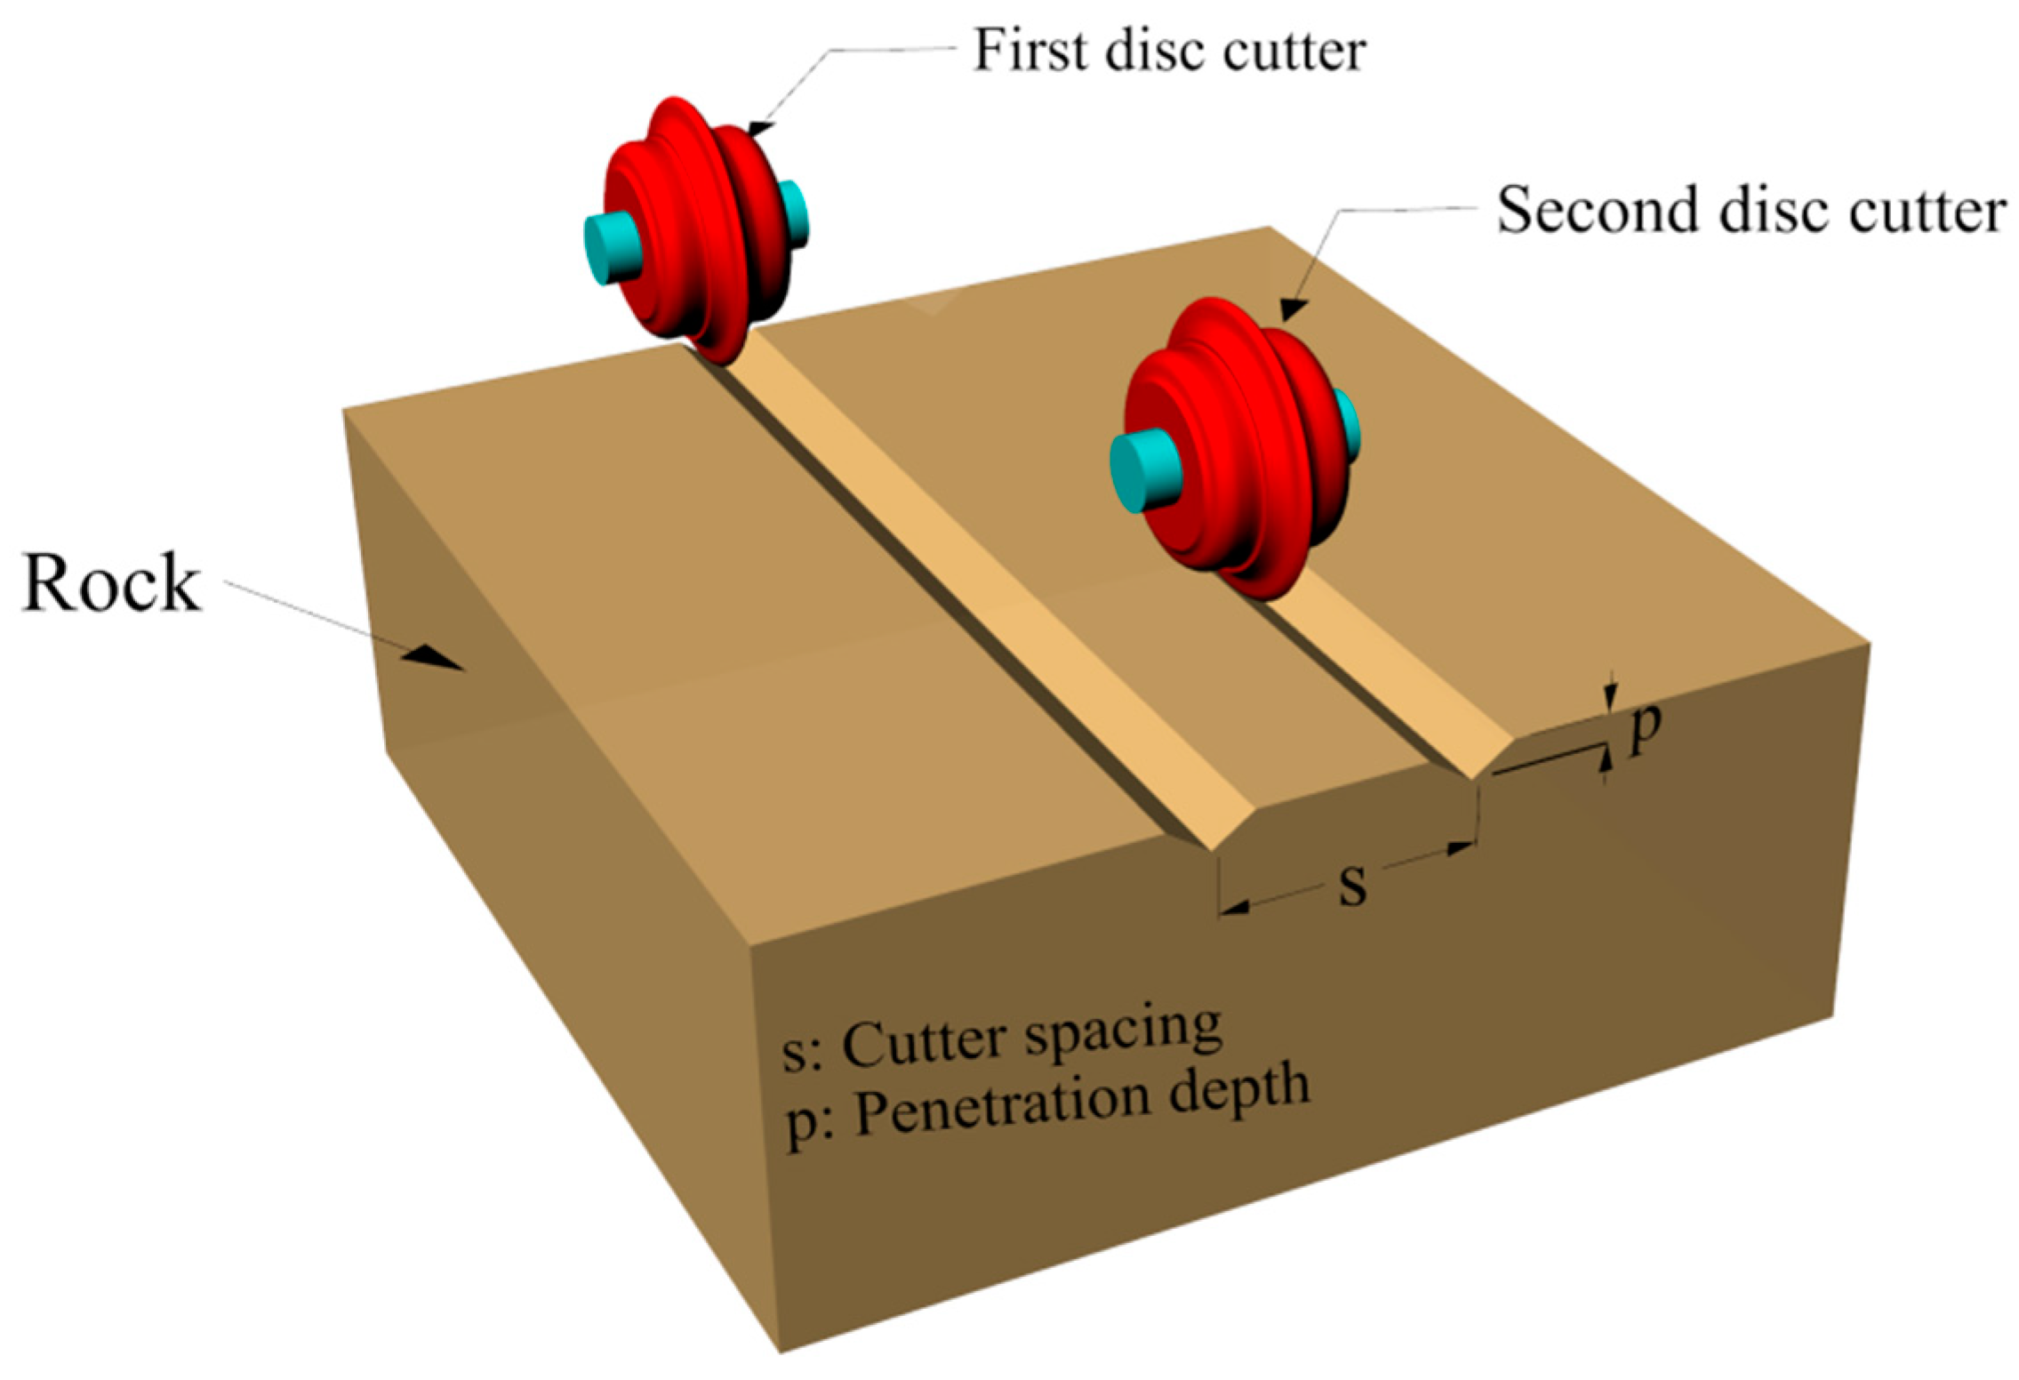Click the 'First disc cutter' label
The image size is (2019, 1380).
pos(1170,51)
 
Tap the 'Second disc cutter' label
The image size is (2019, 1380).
pos(1751,211)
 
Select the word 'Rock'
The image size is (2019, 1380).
pos(111,582)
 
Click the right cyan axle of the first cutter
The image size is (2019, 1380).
pos(794,213)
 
